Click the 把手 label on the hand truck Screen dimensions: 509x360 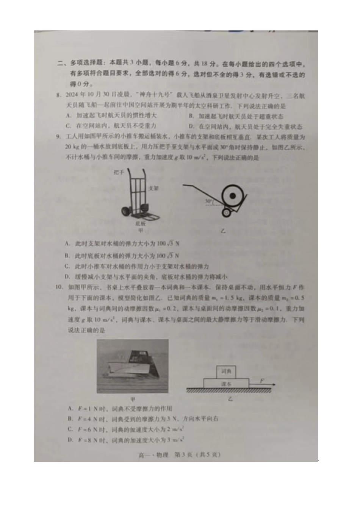pyautogui.click(x=119, y=172)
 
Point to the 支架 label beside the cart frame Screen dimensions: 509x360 pyautogui.click(x=153, y=188)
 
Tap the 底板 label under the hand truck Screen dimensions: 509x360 pyautogui.click(x=141, y=223)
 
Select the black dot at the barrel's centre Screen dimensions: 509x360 pyautogui.click(x=233, y=196)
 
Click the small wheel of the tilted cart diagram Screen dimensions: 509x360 pyautogui.click(x=226, y=213)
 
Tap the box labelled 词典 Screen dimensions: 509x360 pyautogui.click(x=226, y=372)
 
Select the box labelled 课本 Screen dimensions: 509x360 pyautogui.click(x=226, y=383)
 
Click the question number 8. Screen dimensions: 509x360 pyautogui.click(x=58, y=95)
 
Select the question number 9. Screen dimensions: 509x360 pyautogui.click(x=58, y=137)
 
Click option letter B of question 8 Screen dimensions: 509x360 pyautogui.click(x=191, y=117)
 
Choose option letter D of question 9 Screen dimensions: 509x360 pyautogui.click(x=67, y=277)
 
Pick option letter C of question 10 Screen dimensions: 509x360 pyautogui.click(x=70, y=429)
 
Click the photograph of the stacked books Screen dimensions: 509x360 pyautogui.click(x=133, y=366)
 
